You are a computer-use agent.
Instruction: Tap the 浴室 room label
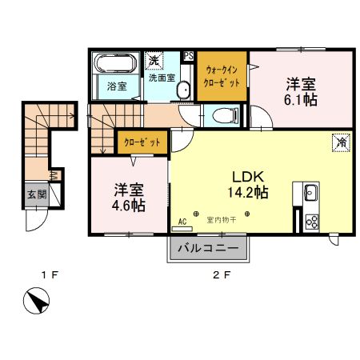point(117,86)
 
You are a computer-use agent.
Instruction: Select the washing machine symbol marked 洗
point(154,61)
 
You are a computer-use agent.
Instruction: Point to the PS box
point(189,56)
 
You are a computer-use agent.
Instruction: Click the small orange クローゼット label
point(142,143)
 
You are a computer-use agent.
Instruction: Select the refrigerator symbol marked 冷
point(339,142)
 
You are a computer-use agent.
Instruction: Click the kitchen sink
point(310,193)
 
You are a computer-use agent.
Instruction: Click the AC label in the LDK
point(182,220)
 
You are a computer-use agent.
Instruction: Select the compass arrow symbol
point(36,305)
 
